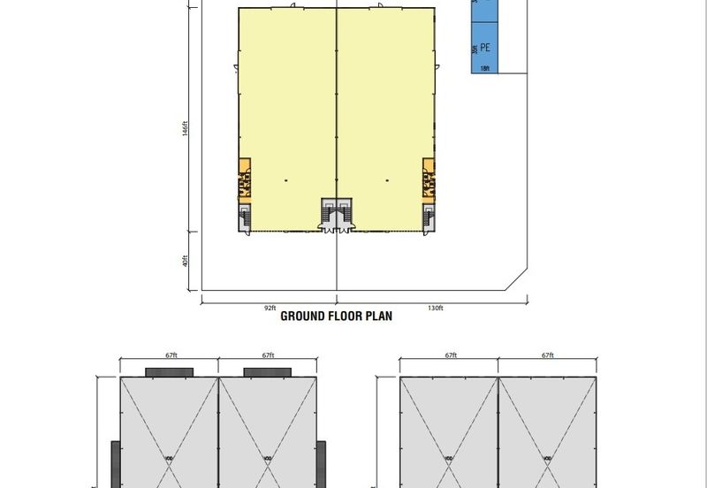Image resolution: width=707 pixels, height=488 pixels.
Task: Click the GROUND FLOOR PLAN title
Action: click(336, 316)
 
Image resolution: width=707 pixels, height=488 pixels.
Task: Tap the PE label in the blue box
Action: click(485, 50)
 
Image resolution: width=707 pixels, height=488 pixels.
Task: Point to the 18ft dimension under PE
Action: click(484, 67)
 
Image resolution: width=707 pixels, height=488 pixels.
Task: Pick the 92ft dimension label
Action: click(270, 307)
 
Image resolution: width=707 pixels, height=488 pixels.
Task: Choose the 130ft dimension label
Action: click(434, 307)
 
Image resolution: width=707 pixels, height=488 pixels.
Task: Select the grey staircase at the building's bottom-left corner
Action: click(246, 217)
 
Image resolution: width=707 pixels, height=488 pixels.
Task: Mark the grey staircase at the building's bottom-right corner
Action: click(429, 217)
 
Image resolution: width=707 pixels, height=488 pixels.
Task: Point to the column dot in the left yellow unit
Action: click(285, 181)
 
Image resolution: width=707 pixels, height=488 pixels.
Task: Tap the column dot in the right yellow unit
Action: click(387, 181)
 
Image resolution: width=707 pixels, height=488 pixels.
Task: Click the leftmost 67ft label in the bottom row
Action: click(171, 355)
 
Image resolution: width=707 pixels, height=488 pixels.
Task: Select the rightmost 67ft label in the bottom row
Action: click(548, 355)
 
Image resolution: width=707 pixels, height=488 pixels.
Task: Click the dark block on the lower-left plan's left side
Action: click(115, 465)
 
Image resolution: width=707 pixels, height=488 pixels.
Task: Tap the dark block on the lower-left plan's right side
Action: click(322, 465)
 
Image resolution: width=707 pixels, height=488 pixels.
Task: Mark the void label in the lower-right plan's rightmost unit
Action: click(548, 457)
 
